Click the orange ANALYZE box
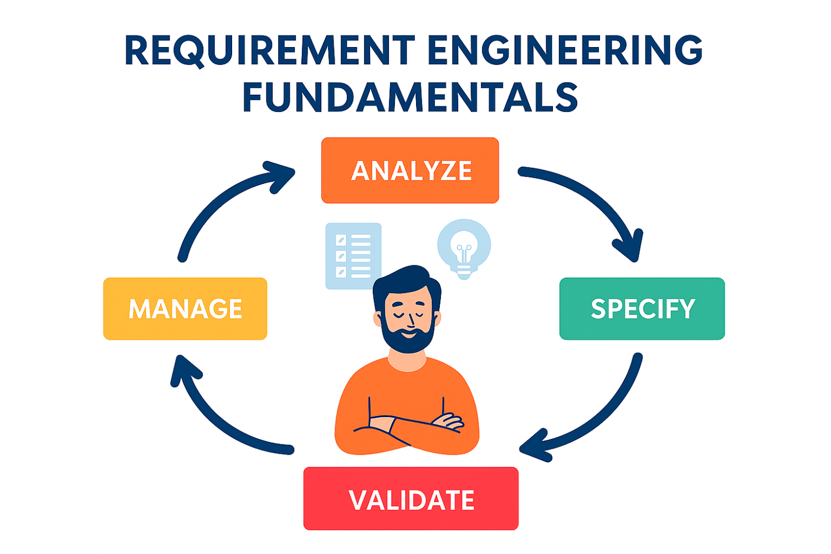410,170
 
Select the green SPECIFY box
642,309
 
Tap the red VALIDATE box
411,499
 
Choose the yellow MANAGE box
185,309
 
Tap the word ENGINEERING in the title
565,51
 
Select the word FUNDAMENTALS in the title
410,98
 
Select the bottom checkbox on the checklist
341,271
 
